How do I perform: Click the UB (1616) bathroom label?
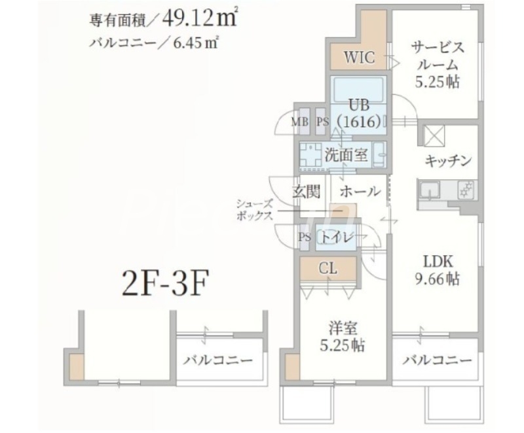359,112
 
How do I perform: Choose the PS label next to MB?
322,121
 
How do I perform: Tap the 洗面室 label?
346,156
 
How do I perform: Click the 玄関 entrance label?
305,192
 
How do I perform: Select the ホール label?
360,192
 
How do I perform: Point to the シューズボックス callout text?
255,211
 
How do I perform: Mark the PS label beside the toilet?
305,237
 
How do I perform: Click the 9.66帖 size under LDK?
438,279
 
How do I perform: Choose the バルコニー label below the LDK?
437,360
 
